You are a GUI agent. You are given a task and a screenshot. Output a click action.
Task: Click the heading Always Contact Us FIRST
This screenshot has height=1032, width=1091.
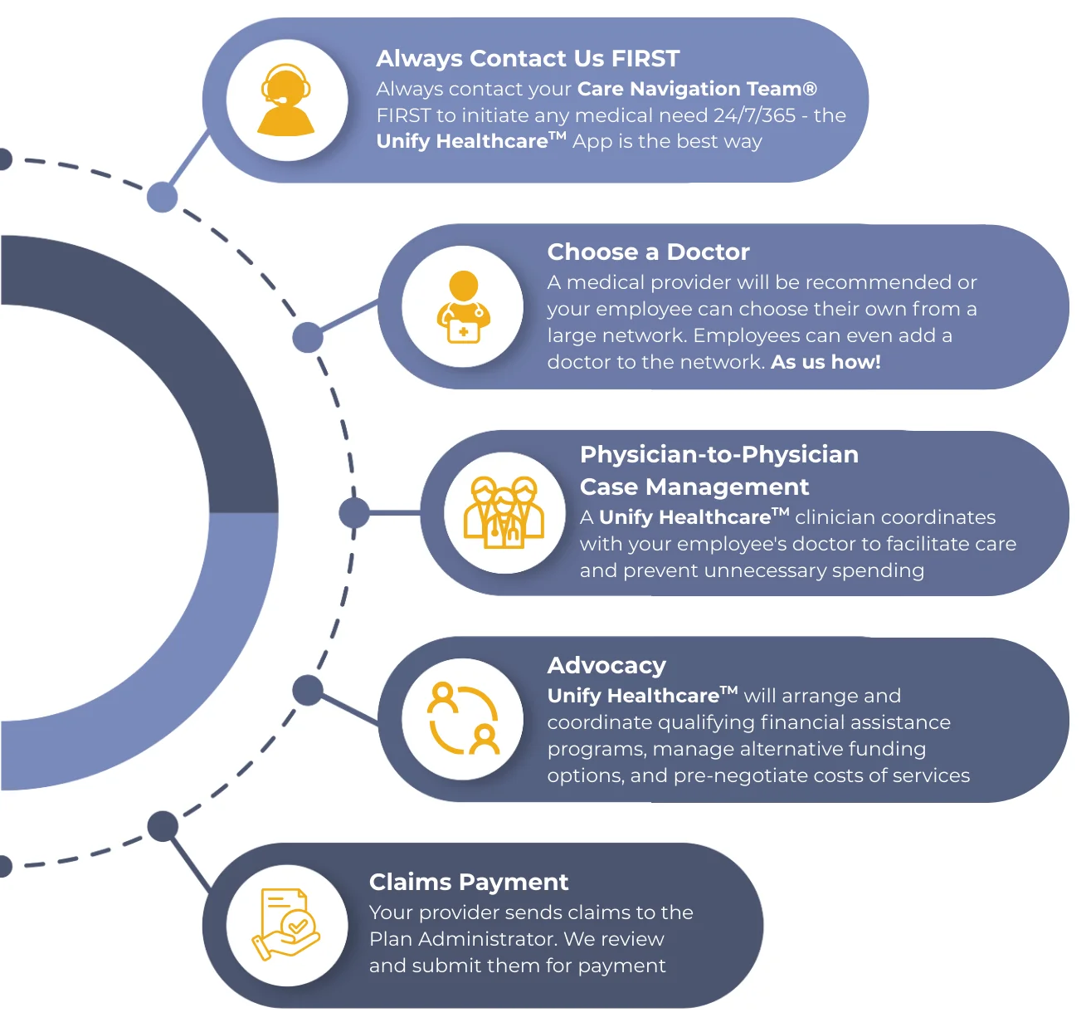point(528,59)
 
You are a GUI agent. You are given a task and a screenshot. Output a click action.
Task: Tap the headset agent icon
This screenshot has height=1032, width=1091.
point(286,100)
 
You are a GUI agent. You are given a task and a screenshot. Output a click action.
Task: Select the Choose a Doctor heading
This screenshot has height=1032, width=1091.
point(648,252)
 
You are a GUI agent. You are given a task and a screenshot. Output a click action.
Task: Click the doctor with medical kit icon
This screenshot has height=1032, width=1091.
point(463,307)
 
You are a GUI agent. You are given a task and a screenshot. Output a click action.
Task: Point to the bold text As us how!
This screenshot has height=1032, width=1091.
point(826,362)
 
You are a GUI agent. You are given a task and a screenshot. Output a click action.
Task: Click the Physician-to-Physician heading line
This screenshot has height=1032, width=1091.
point(718,455)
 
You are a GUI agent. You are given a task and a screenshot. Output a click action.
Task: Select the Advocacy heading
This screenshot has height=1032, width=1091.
point(606,666)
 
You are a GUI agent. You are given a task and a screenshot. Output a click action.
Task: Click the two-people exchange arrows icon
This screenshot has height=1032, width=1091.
point(463,719)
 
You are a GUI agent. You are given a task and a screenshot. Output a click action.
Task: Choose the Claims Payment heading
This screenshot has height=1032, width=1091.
point(469,882)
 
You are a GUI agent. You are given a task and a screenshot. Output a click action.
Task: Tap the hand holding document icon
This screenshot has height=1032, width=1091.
point(286,924)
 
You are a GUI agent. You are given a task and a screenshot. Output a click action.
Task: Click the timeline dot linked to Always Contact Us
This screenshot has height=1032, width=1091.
point(163,198)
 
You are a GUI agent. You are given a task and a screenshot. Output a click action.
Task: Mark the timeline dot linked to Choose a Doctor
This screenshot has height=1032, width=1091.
point(308,337)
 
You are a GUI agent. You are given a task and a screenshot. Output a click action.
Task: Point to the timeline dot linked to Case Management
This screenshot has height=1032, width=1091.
point(354,513)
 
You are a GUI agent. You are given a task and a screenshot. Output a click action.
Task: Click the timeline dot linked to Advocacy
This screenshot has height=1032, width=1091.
point(308,690)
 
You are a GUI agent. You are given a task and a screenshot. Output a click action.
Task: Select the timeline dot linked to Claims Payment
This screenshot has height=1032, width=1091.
point(163,826)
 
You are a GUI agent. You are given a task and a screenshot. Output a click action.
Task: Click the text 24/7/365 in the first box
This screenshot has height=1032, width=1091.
point(754,115)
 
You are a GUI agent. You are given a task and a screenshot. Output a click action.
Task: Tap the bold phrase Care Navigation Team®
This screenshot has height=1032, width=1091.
point(697,89)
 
